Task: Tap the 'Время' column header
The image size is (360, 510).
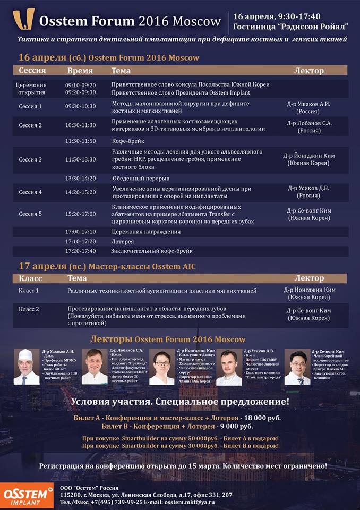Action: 80,71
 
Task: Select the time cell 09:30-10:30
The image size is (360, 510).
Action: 80,106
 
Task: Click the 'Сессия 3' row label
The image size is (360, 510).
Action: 30,159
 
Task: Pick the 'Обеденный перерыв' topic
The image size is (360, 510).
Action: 141,178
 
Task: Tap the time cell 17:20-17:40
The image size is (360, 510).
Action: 80,251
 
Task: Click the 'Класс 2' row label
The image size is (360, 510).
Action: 29,309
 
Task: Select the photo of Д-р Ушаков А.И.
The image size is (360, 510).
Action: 27,367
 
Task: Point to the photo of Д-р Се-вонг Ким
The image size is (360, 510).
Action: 297,367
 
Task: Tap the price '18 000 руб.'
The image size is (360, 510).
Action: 258,418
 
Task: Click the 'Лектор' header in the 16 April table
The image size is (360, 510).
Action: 308,71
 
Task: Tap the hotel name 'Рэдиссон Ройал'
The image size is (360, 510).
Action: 313,26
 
